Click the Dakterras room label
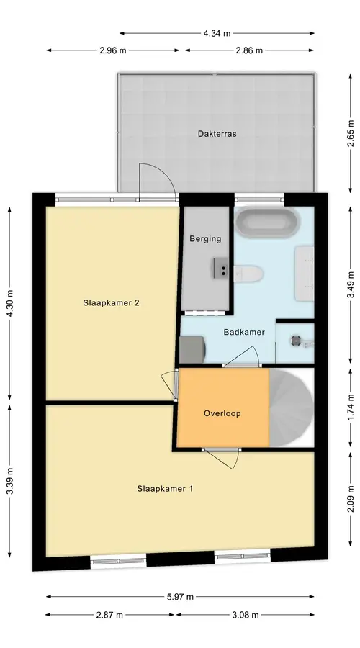(217, 133)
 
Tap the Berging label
(205, 238)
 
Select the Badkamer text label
(244, 332)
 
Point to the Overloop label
(222, 413)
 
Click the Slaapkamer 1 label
(165, 488)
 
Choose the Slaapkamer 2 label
(111, 302)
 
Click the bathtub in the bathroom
(266, 222)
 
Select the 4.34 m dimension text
(217, 33)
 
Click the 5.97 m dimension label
(180, 597)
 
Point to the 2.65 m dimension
(351, 133)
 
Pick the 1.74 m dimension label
(351, 408)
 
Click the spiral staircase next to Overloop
(292, 408)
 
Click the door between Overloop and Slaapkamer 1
(222, 458)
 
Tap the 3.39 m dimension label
(10, 480)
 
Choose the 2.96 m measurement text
(113, 50)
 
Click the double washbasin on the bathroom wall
(305, 273)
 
